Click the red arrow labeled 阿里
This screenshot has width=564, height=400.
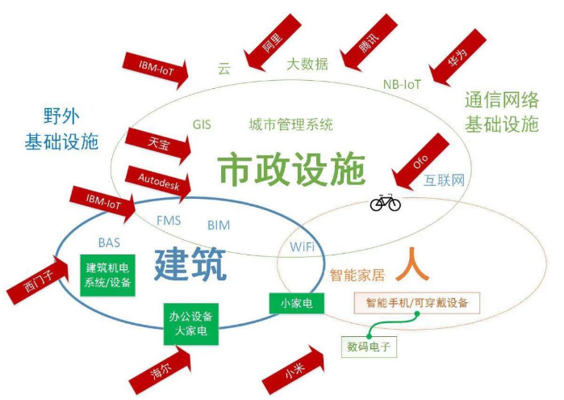[272, 43]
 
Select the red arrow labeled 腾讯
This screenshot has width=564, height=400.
[368, 43]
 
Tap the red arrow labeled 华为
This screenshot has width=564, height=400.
[457, 57]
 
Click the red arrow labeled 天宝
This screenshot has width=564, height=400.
[158, 145]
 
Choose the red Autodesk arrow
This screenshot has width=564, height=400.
[158, 183]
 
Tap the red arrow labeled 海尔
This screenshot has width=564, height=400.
[161, 370]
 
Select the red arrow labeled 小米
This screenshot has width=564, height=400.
[294, 370]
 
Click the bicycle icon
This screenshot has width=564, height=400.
[385, 203]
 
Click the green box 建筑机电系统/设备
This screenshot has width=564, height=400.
[107, 276]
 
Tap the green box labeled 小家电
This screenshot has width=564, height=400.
[297, 303]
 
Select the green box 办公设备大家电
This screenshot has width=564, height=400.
[191, 323]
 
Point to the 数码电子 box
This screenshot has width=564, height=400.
[369, 347]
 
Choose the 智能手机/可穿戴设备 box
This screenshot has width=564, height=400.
[417, 303]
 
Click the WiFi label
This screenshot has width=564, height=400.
[302, 246]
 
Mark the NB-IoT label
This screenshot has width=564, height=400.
[402, 84]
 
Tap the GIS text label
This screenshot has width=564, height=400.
[202, 124]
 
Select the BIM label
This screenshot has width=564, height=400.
[219, 225]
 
